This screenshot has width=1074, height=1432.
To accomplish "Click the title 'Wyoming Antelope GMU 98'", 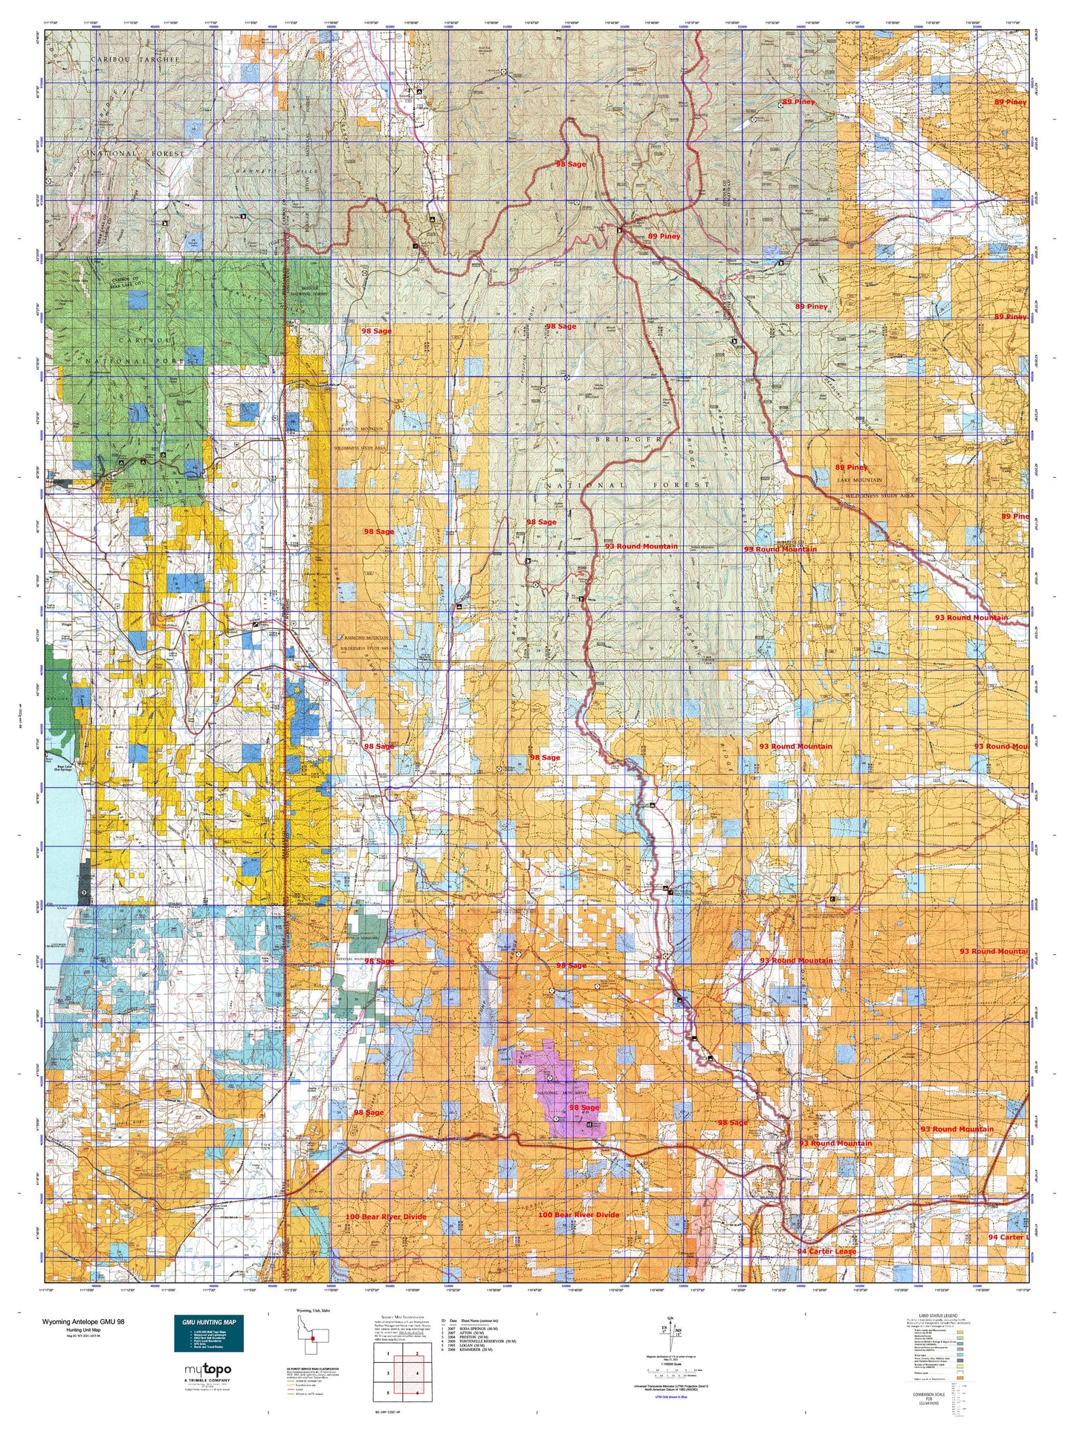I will [83, 1322].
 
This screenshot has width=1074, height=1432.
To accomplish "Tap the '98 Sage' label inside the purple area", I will [583, 1108].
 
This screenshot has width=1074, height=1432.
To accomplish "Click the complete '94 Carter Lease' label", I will [826, 1251].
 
